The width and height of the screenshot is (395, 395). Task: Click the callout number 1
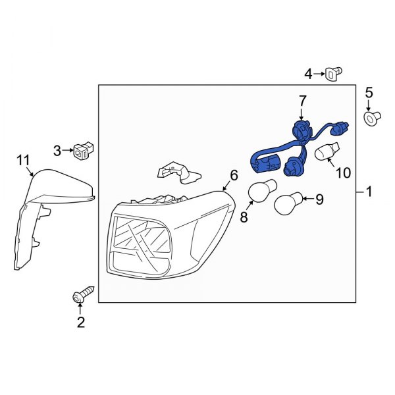click(x=369, y=192)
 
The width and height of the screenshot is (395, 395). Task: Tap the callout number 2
click(x=81, y=323)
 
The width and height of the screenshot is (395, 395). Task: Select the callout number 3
click(x=57, y=151)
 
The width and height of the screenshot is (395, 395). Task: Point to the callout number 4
click(x=307, y=73)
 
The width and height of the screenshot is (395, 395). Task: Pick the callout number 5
click(x=369, y=93)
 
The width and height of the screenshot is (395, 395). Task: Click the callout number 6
click(x=233, y=175)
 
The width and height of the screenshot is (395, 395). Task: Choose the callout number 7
click(x=303, y=101)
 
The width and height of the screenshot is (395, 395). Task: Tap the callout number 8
click(x=244, y=217)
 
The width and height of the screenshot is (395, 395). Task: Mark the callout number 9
click(x=320, y=198)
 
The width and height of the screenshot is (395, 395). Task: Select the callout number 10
click(x=343, y=173)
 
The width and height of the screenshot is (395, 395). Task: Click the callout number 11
click(x=24, y=159)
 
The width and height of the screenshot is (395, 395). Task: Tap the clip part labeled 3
click(x=83, y=151)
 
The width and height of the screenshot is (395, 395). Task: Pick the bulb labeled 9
click(x=288, y=203)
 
